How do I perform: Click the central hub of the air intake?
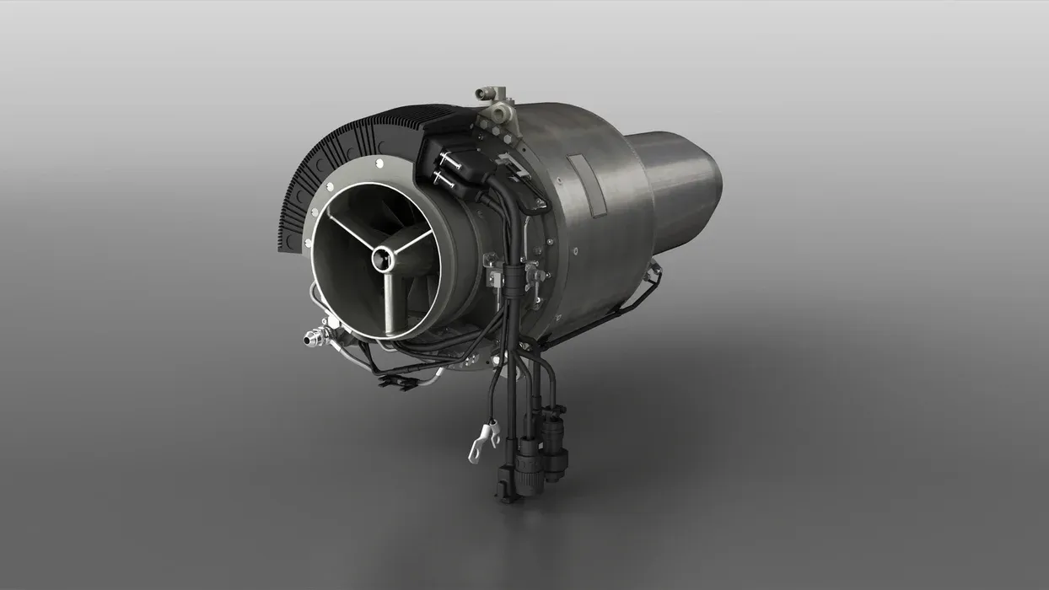coord(384,259)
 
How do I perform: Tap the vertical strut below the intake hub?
coord(387,299)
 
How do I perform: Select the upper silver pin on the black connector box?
coord(446,160)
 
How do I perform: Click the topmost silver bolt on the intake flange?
coord(379,163)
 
